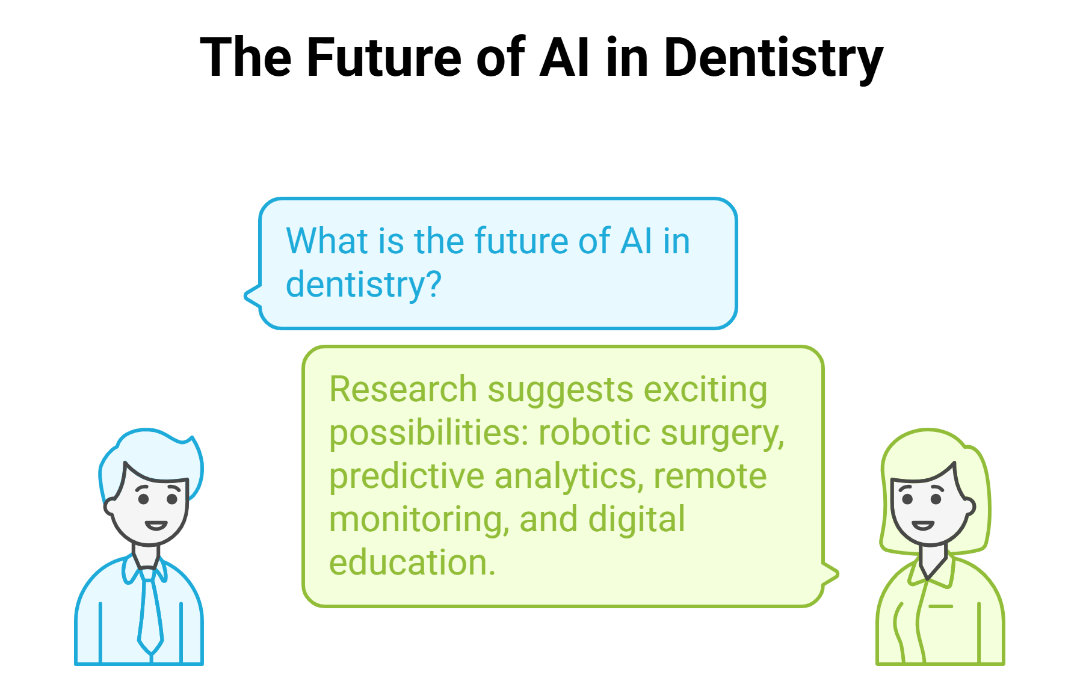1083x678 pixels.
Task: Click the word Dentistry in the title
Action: pos(774,58)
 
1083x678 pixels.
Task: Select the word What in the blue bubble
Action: pos(327,241)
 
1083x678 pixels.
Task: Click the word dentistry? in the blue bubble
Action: pos(363,285)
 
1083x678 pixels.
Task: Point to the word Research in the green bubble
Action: pos(403,389)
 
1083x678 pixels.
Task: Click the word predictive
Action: pos(407,476)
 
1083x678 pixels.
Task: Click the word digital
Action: pos(636,520)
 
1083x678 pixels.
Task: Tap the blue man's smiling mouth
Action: pos(156,525)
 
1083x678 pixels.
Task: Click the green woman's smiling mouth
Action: pos(923,525)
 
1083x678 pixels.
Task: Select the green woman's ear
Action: pos(969,507)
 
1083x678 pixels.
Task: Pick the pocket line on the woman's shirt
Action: pos(941,606)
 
